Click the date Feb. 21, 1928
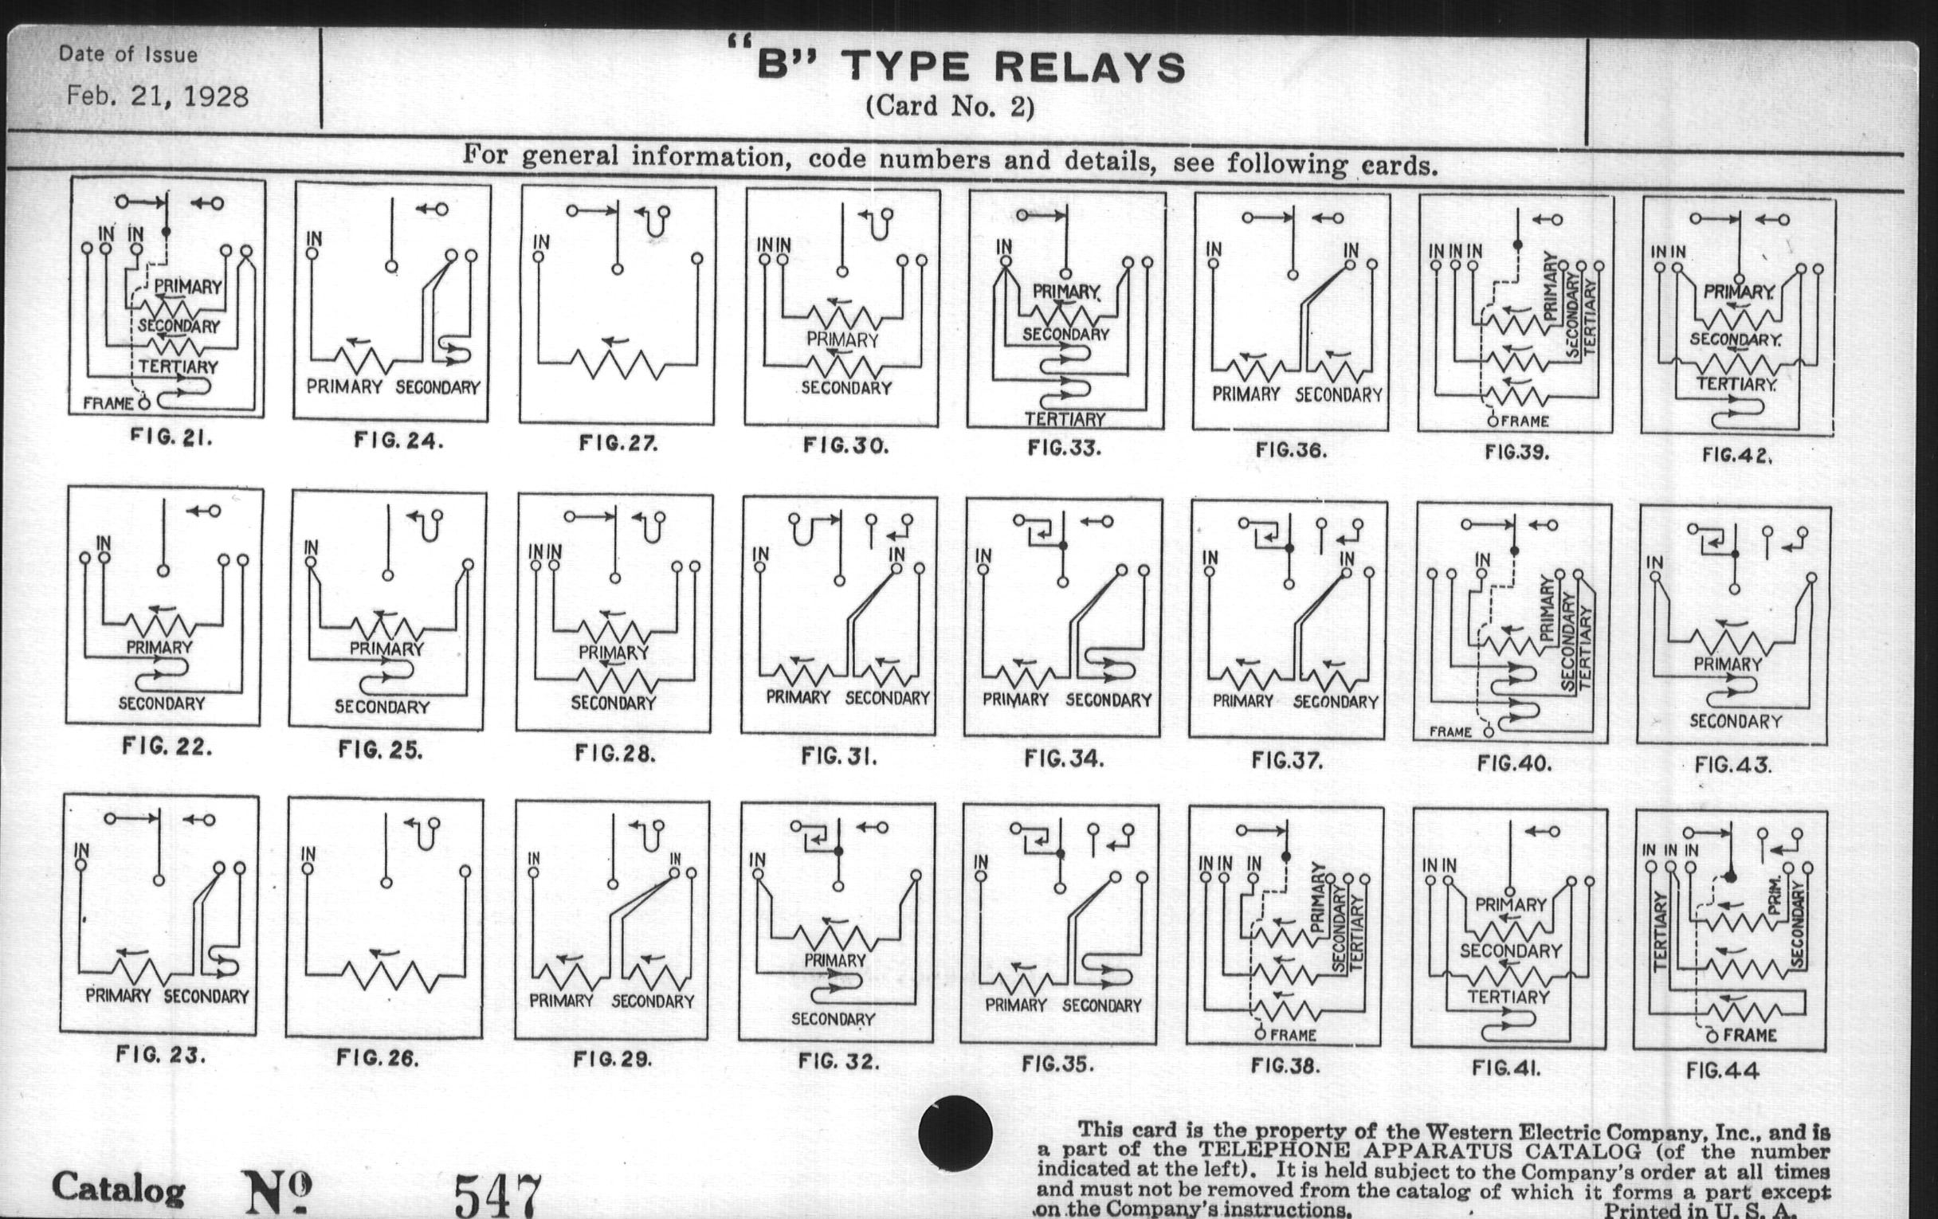tap(158, 96)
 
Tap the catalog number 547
tap(498, 1195)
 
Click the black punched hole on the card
tap(955, 1133)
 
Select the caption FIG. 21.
tap(171, 438)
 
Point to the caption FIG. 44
tap(1722, 1070)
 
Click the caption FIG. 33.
tap(1064, 449)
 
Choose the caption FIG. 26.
tap(378, 1058)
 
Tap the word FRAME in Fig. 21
tap(108, 402)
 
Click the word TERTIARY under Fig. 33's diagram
tap(1065, 419)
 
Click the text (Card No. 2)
tap(950, 106)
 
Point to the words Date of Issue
tap(128, 55)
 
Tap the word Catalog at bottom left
tap(118, 1188)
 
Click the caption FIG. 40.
tap(1514, 762)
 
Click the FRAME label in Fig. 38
tap(1293, 1035)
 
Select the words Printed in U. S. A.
tap(1700, 1210)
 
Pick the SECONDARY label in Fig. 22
tap(162, 704)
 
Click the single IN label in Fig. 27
tap(542, 241)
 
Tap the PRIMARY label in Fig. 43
tap(1727, 664)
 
